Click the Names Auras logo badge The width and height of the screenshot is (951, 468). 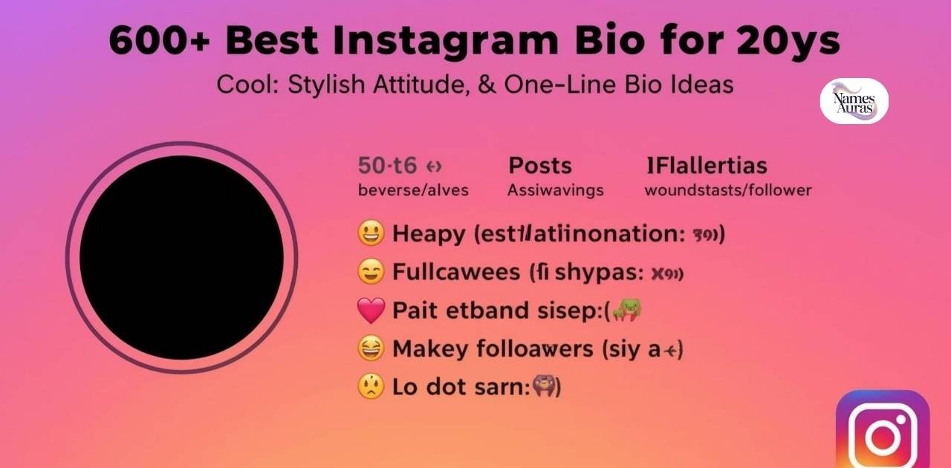point(854,101)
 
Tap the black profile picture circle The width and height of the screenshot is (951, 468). point(182,257)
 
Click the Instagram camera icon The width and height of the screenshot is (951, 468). point(883,434)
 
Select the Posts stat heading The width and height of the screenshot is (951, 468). point(540,165)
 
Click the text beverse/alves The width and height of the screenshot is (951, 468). point(413,190)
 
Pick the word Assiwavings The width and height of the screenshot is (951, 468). point(556,190)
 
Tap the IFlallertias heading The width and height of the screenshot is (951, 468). point(707,165)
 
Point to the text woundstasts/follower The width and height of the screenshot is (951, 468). point(728,190)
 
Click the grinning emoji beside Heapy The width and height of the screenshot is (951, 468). point(371,234)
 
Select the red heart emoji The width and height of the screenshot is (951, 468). point(371,311)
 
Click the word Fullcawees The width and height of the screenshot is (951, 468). point(456,272)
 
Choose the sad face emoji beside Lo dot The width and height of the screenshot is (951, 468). point(371,387)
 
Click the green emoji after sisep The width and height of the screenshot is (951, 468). point(626,311)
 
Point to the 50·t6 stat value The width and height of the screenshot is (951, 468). point(388,165)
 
